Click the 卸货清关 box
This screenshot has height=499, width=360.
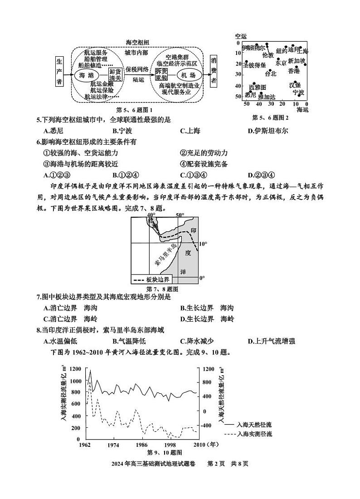(116, 75)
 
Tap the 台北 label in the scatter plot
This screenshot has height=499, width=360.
(270, 73)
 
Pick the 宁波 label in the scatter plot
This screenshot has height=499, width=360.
(298, 93)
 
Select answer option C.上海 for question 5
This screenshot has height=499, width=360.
(190, 132)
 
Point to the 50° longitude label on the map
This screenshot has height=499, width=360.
(180, 215)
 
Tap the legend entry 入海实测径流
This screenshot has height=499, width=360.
(254, 434)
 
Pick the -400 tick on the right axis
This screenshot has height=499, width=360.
(206, 426)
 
